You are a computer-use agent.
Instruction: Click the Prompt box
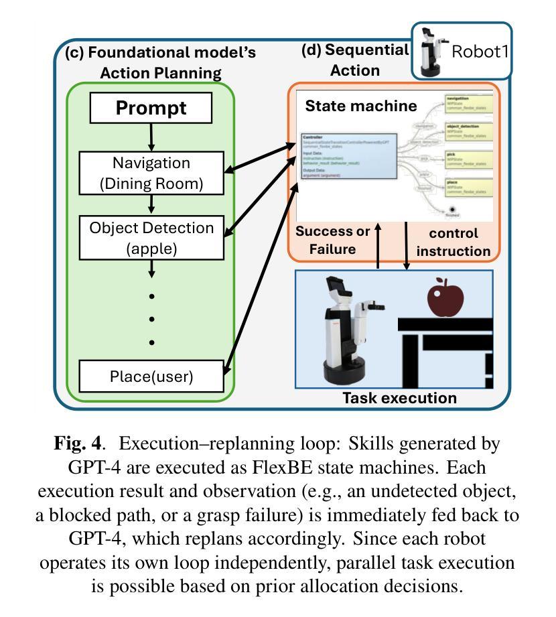pyautogui.click(x=151, y=108)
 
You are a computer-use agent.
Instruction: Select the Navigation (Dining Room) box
pyautogui.click(x=151, y=174)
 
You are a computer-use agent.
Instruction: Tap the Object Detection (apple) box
pyautogui.click(x=151, y=238)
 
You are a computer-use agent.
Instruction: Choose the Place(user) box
pyautogui.click(x=151, y=376)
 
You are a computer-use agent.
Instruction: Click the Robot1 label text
pyautogui.click(x=480, y=52)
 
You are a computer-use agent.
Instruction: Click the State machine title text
pyautogui.click(x=361, y=106)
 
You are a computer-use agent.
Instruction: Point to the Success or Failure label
pyautogui.click(x=333, y=241)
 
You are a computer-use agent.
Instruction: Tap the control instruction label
pyautogui.click(x=454, y=243)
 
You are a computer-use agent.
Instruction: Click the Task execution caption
pyautogui.click(x=399, y=398)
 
